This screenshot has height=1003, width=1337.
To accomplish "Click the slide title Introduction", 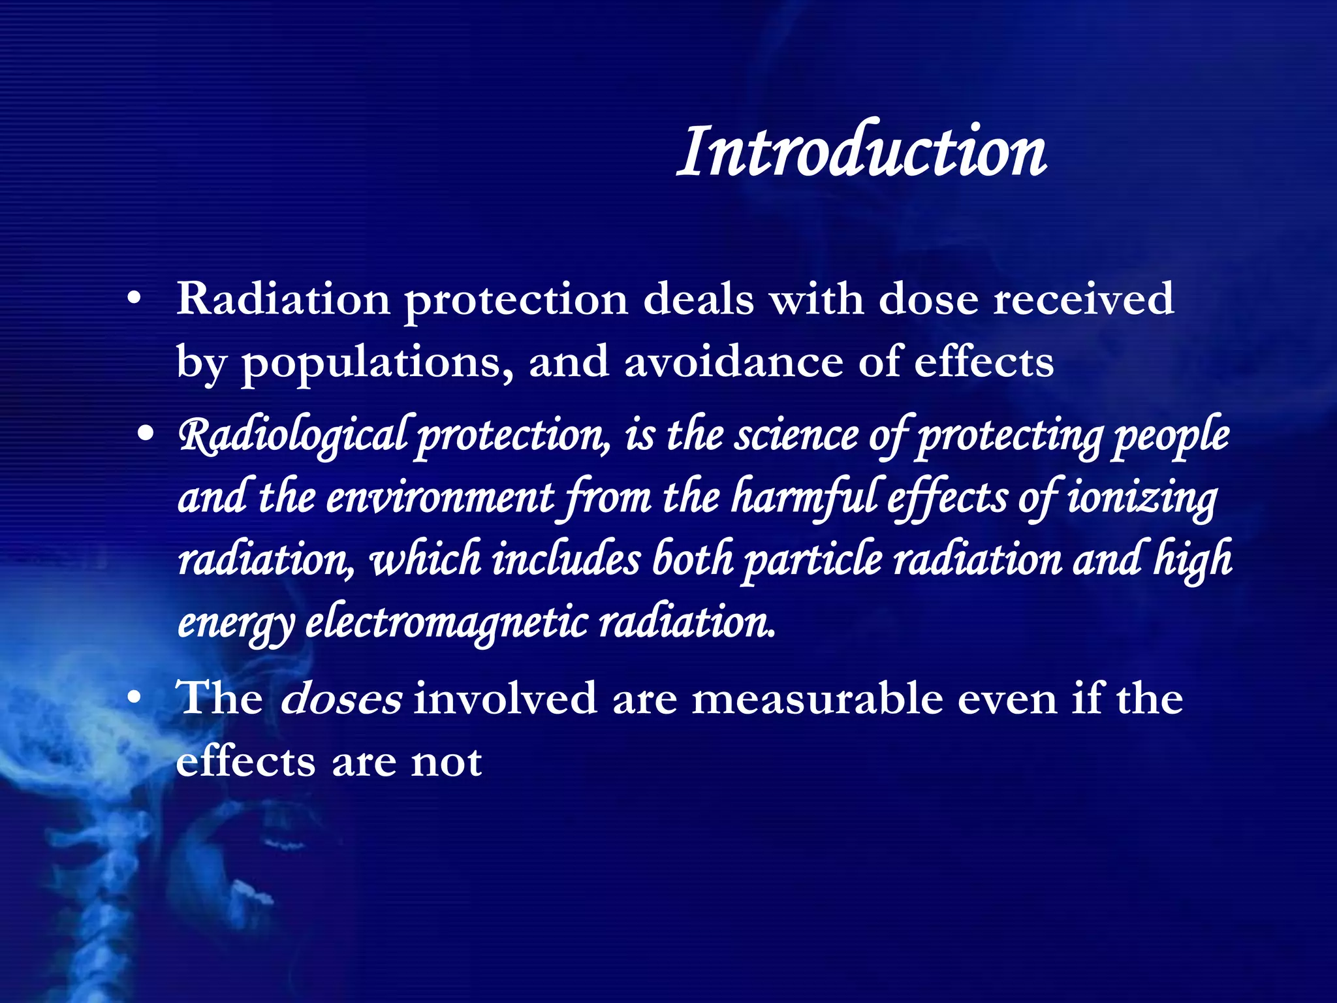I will pos(862,151).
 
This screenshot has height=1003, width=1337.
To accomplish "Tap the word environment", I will pos(440,498).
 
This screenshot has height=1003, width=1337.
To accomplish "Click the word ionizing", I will pos(1142,498).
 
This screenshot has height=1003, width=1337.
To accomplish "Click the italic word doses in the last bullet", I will pos(341,698).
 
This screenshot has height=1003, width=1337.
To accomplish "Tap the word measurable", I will pos(816,698).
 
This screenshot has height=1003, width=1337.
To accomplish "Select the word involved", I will pos(505,698).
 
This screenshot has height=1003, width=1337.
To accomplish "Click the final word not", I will pos(447,761).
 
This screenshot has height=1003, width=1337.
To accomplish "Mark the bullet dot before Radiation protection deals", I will pos(134,299).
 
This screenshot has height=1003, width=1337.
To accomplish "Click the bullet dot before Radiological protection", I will pos(146,433).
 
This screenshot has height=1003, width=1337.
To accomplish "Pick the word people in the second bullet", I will pos(1171,436).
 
